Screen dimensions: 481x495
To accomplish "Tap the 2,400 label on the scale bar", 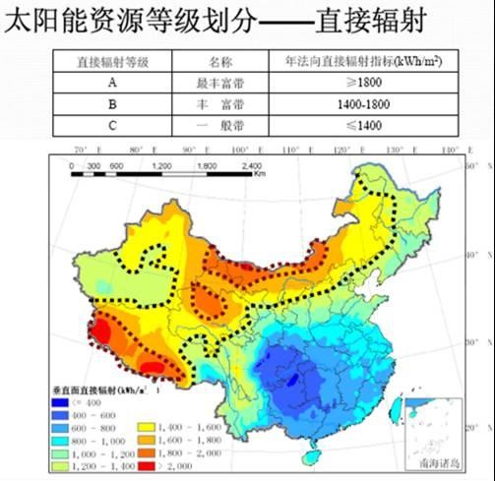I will (251, 166).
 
